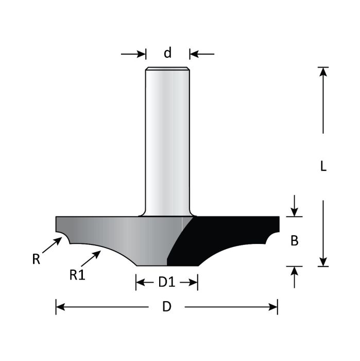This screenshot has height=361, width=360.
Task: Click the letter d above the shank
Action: tap(167, 53)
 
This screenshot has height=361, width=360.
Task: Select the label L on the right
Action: tap(323, 167)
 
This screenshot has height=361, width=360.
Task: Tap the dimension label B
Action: tap(295, 241)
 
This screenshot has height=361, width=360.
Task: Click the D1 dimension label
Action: tap(167, 282)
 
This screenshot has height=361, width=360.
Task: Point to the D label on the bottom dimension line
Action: tap(166, 307)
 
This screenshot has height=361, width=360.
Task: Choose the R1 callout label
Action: tap(77, 275)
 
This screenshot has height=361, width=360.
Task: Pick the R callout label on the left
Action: tap(36, 259)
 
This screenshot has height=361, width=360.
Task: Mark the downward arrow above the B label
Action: tap(294, 211)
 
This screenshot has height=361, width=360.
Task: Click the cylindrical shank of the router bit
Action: tap(167, 139)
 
